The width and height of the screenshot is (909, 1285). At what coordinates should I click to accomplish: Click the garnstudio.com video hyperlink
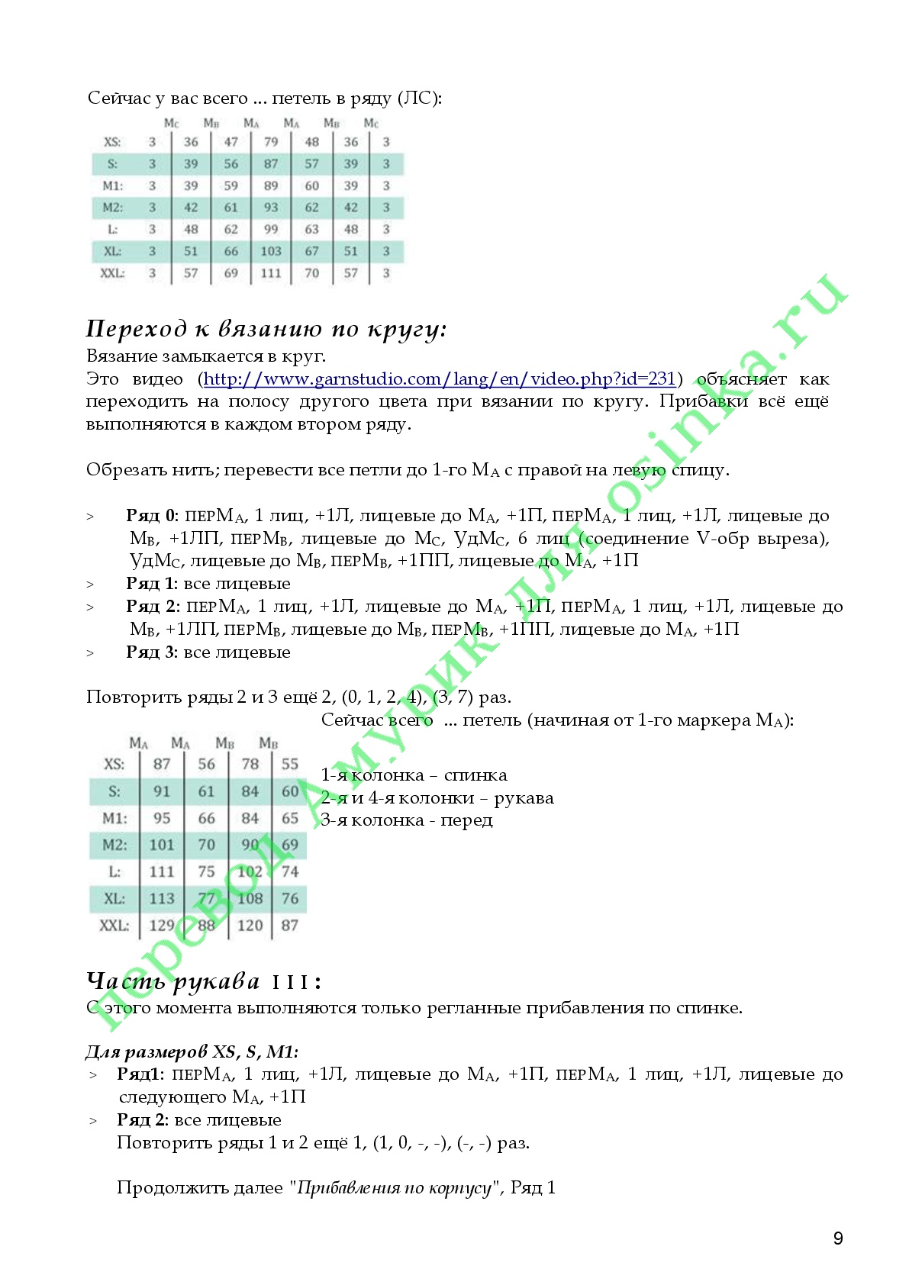tap(440, 379)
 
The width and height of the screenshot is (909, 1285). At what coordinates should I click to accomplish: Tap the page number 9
tap(838, 1238)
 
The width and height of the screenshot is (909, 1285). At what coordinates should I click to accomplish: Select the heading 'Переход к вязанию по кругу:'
tap(266, 329)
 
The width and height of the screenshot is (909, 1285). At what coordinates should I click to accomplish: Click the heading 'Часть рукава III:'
tap(204, 981)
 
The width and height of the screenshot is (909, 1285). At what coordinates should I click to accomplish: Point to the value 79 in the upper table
tap(271, 142)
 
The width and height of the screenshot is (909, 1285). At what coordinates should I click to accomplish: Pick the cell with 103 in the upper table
tap(271, 251)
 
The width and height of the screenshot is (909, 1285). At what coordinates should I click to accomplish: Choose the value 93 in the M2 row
tap(271, 208)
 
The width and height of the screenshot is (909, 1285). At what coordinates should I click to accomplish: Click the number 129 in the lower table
tap(162, 926)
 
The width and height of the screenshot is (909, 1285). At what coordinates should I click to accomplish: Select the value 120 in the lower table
tap(250, 926)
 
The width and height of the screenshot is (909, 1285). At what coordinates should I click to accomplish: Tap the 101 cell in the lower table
tap(162, 845)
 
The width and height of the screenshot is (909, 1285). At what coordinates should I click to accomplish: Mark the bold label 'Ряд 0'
tap(150, 516)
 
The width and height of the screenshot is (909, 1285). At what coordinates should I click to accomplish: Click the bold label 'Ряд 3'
tap(151, 652)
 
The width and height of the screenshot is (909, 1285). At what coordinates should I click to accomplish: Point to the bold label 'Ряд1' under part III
tap(140, 1074)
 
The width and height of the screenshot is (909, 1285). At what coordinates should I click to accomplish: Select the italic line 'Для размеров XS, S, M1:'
tap(192, 1052)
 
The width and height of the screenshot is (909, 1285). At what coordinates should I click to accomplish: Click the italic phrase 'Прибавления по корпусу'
tap(394, 1188)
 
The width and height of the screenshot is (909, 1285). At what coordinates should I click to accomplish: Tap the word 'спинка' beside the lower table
tap(475, 775)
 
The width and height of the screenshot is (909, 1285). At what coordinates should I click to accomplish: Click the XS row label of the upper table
tap(112, 142)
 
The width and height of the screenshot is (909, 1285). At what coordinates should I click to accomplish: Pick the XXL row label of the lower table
tap(114, 926)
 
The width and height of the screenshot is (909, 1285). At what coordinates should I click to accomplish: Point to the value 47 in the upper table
tap(231, 142)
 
